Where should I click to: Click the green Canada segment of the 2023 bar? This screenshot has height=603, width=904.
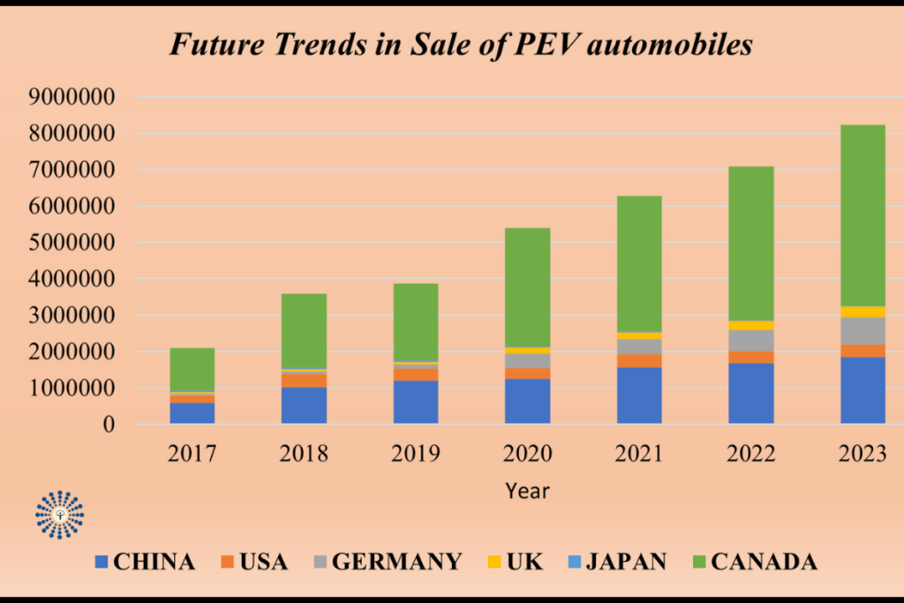point(863,215)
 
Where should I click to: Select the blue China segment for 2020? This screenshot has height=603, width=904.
point(527,402)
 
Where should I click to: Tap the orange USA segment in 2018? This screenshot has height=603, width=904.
point(304,381)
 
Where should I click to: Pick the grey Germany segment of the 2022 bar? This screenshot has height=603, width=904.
point(750,341)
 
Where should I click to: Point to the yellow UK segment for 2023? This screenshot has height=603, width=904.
point(863,312)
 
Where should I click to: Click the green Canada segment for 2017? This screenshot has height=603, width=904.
point(192,369)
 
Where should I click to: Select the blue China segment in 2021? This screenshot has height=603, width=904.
point(639,396)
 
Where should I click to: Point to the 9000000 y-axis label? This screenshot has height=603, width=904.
point(71,98)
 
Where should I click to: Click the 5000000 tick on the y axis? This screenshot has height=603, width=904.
point(71,243)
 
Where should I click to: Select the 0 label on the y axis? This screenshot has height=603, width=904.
point(109,425)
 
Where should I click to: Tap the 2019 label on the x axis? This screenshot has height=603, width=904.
point(416,455)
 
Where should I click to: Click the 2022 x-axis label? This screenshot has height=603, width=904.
point(750,455)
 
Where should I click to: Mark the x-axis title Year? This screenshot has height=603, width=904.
point(527,491)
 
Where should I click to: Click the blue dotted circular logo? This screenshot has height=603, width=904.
point(60,514)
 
